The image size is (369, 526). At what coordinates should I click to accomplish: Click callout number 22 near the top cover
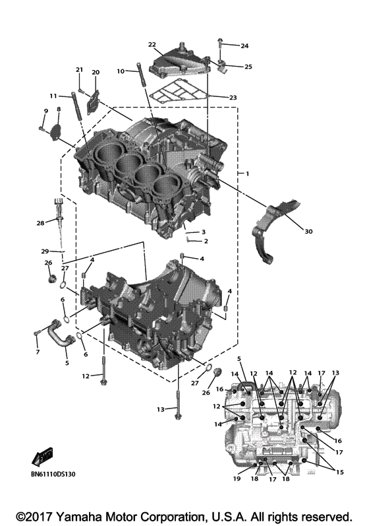point(152,45)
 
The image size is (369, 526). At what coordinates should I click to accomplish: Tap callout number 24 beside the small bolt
point(244,46)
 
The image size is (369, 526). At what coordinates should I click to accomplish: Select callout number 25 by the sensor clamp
point(248,67)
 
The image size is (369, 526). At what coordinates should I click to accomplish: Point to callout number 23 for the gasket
point(233,98)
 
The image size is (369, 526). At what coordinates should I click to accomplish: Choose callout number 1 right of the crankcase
point(248,173)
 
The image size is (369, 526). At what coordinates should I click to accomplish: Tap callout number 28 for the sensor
point(41,224)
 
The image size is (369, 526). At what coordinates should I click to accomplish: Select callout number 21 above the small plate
point(80,69)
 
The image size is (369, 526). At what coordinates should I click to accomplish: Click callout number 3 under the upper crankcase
point(204,232)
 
